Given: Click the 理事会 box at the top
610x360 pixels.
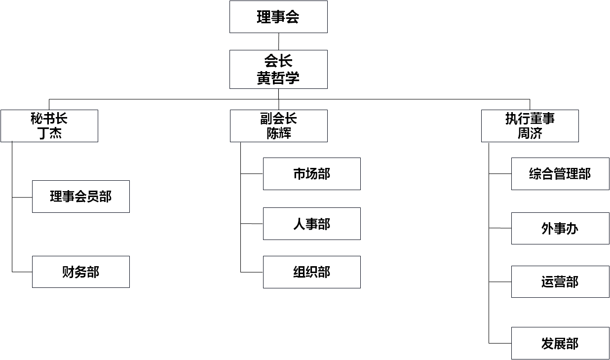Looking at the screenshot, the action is click(278, 17).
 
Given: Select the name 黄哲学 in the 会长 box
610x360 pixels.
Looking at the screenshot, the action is click(278, 78).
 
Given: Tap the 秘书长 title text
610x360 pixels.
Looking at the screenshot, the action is click(49, 119).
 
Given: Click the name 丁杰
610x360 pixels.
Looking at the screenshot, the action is click(49, 133).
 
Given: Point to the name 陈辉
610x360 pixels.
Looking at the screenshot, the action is click(278, 133).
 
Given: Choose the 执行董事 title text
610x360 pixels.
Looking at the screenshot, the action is click(530, 119).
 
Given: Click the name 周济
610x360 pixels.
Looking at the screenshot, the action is click(530, 133).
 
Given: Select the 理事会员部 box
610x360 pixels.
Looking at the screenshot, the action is click(81, 197).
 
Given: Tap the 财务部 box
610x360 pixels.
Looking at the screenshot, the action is click(81, 272).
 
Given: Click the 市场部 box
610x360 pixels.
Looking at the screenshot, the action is click(312, 174).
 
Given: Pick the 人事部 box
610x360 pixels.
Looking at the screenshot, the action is click(312, 224).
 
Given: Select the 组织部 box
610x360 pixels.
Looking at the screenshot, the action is click(312, 272).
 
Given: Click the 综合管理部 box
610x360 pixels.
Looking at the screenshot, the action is click(560, 174).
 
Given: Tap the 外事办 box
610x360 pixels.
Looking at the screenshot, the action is click(560, 228).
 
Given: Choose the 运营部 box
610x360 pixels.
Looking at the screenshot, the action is click(560, 281).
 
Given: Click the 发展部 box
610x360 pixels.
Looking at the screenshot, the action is click(560, 343).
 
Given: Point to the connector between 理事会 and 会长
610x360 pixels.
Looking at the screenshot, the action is click(278, 41).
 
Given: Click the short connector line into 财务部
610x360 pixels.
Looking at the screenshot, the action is click(22, 272).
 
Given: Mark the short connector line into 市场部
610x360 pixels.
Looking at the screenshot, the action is click(252, 174).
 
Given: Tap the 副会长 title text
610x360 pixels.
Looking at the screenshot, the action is click(278, 119).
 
